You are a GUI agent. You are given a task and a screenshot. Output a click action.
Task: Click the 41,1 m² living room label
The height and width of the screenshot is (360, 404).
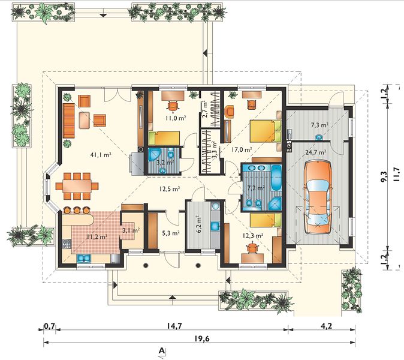pos(101,155)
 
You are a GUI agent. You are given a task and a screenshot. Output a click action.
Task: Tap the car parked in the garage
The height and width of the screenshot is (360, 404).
pos(318,197)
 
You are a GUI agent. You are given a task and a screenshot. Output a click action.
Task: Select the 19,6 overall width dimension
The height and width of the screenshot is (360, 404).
pos(202,338)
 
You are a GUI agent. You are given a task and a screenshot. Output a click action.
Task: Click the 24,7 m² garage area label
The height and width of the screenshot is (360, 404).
pos(316,152)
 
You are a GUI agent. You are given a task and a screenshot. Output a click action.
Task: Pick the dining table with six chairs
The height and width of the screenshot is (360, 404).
pos(77,185)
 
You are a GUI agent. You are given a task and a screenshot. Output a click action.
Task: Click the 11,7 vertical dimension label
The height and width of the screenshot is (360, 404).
pos(397,175)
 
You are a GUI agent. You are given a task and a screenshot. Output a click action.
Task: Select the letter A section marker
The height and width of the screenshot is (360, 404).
pos(162,350)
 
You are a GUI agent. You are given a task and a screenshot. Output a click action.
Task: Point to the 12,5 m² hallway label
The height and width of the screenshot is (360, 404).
pos(169,189)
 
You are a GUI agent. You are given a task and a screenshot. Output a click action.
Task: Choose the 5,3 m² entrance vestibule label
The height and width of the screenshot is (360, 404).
pos(170,233)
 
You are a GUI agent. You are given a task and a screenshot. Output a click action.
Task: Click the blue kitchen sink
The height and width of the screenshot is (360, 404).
pos(84,259)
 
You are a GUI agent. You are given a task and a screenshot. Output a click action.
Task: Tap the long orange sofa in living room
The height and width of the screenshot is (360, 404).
pos(69,121)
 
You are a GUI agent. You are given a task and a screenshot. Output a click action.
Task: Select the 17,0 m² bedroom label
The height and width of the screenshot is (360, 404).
pos(241,149)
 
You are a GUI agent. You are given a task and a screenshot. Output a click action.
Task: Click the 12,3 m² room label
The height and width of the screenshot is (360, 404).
pos(253,235)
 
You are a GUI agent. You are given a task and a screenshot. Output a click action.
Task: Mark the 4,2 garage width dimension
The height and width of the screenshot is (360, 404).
pos(327,326)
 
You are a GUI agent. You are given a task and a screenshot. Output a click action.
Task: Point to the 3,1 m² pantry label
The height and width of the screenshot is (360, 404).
pos(131,230)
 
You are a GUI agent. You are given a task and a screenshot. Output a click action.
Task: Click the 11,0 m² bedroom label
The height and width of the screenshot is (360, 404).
pos(176,118)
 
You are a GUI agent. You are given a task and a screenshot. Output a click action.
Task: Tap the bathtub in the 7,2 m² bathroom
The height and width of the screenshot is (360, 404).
pos(277,178)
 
